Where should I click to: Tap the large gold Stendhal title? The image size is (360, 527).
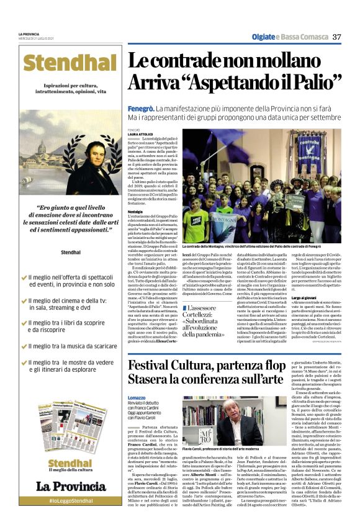(68, 63)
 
